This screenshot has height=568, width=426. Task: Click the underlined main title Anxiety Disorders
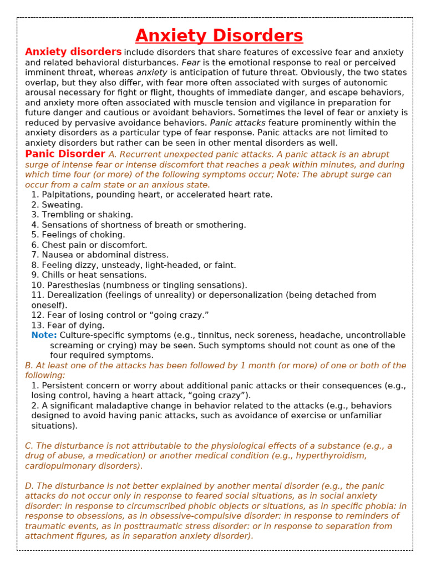pos(219,35)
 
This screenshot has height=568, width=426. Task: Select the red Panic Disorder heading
pos(65,154)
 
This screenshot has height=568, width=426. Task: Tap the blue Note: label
pos(44,335)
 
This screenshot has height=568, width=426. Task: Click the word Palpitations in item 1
pos(66,195)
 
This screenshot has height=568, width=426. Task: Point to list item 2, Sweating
pos(57,205)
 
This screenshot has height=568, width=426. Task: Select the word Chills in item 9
pos(54,275)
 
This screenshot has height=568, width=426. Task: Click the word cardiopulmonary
pos(60,466)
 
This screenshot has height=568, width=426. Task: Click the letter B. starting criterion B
pos(29,366)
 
